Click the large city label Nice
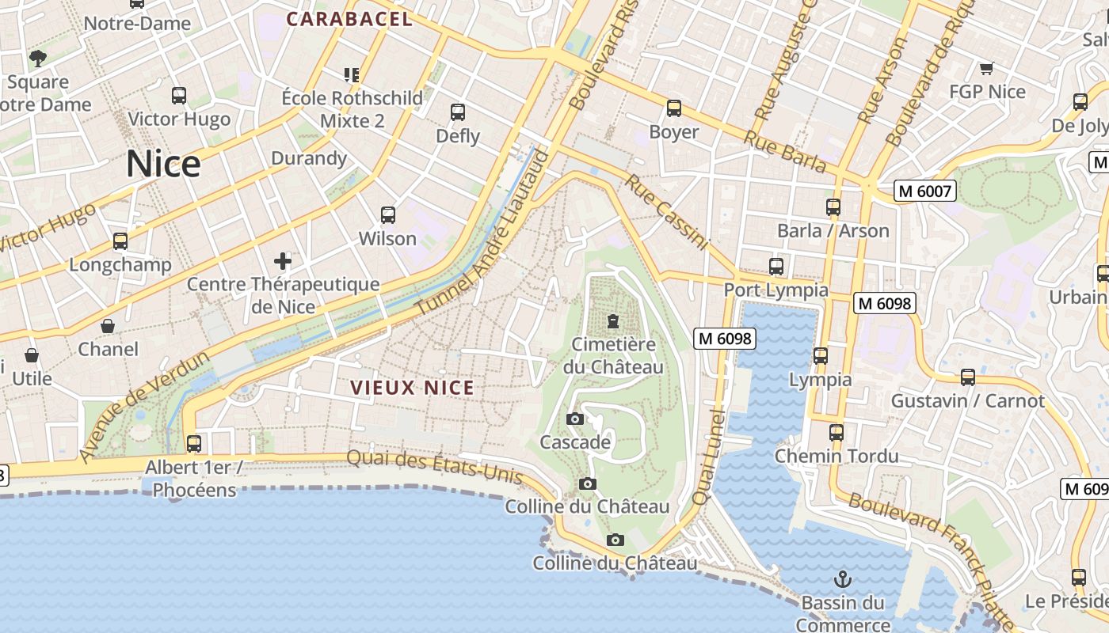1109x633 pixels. [x=163, y=164]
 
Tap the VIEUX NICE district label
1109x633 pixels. [x=413, y=388]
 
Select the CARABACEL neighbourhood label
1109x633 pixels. [x=349, y=19]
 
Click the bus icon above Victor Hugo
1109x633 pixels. [x=179, y=96]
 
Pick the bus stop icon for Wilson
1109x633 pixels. [x=387, y=215]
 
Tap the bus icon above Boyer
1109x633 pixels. [x=673, y=108]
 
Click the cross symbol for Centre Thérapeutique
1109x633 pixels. [x=283, y=260]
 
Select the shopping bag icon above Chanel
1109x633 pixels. [x=108, y=326]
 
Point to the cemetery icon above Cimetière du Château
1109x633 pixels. [x=612, y=321]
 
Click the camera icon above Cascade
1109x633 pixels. [x=575, y=419]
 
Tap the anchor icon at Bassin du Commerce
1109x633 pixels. [x=842, y=579]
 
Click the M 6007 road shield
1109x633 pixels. [x=924, y=191]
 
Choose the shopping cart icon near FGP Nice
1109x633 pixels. [x=986, y=69]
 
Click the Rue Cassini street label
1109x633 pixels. [x=665, y=212]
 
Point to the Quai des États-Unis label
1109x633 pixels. [x=434, y=468]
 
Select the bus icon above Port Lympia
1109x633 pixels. [x=776, y=267]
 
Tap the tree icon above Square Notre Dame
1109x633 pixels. [x=37, y=58]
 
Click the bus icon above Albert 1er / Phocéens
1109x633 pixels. [x=194, y=444]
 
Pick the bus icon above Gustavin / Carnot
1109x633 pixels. [x=967, y=377]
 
